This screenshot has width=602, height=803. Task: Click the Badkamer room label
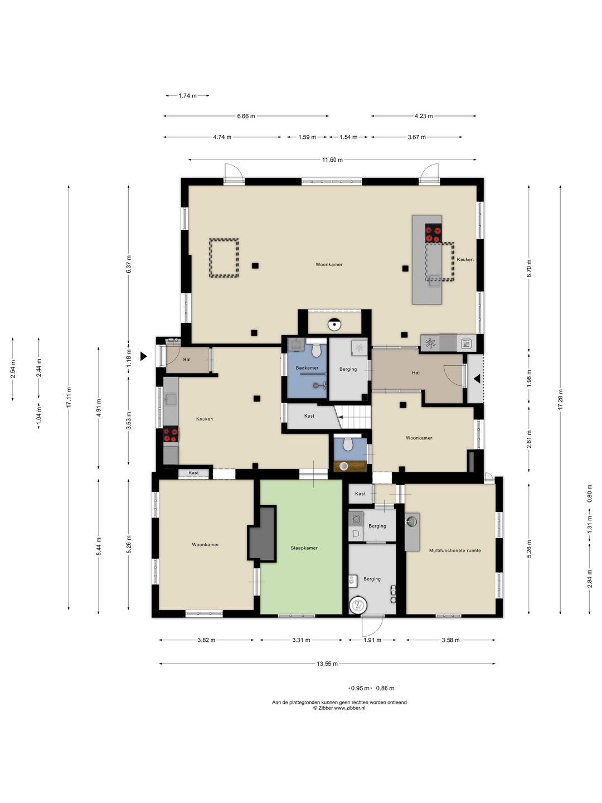click(307, 367)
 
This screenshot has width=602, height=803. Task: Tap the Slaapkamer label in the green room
click(304, 548)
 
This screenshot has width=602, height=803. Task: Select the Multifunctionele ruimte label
click(455, 550)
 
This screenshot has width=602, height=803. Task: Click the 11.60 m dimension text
click(333, 160)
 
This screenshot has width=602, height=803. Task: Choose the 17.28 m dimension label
click(561, 399)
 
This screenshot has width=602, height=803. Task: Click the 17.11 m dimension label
click(69, 398)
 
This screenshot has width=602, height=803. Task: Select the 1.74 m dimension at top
click(187, 96)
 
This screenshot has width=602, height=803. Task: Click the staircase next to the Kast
click(353, 417)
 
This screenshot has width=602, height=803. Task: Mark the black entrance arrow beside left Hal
click(144, 356)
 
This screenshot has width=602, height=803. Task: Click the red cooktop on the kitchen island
click(433, 234)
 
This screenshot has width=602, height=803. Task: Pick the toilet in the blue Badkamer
click(316, 350)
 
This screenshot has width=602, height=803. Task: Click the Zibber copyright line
click(339, 708)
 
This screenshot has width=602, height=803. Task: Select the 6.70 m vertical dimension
click(529, 269)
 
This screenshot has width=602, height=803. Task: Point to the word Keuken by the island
click(465, 259)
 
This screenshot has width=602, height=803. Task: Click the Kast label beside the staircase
click(309, 416)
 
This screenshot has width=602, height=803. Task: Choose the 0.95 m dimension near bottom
click(360, 688)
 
